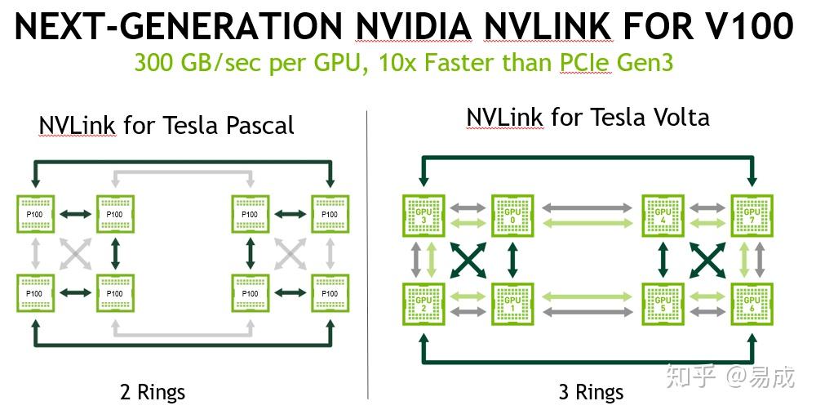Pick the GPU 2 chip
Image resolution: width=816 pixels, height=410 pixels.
(423, 304)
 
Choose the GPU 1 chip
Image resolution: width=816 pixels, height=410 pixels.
(512, 304)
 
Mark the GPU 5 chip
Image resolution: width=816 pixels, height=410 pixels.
(663, 304)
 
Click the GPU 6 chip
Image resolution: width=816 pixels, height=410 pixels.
(752, 304)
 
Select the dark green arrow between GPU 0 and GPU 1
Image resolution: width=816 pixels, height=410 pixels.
(512, 260)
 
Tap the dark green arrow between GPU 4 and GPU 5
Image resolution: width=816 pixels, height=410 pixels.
(663, 260)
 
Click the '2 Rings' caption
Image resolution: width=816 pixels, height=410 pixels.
(153, 392)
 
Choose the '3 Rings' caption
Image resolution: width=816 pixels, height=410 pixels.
(591, 392)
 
